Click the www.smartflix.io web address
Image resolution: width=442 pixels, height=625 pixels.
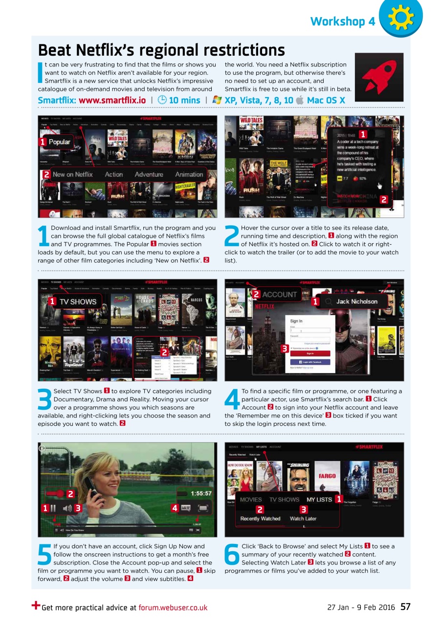[112, 100]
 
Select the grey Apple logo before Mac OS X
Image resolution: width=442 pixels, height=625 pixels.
[300, 100]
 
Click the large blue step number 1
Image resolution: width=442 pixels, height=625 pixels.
[44, 235]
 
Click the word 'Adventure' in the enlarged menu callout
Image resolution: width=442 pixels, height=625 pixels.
[149, 174]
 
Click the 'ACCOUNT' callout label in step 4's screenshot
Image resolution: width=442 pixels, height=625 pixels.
[279, 294]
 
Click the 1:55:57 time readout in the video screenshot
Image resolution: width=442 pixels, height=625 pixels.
[201, 494]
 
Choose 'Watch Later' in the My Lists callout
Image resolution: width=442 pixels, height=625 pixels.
[303, 519]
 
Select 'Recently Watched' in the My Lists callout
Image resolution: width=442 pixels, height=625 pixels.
[260, 519]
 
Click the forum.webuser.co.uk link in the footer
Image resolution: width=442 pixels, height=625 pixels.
[173, 608]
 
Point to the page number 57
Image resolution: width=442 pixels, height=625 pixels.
[405, 607]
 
